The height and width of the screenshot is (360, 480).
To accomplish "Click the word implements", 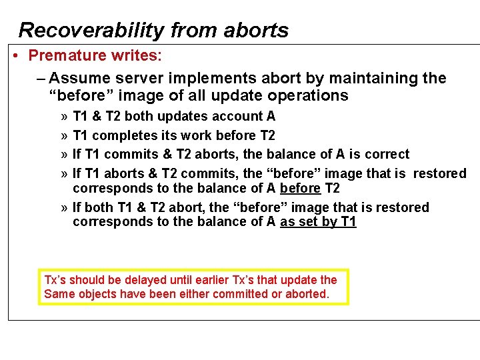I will point(209,78).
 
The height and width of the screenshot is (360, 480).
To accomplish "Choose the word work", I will point(203,135).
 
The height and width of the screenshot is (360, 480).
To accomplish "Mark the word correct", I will point(387,154).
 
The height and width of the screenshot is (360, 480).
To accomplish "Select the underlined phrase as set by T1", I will point(318,222).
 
